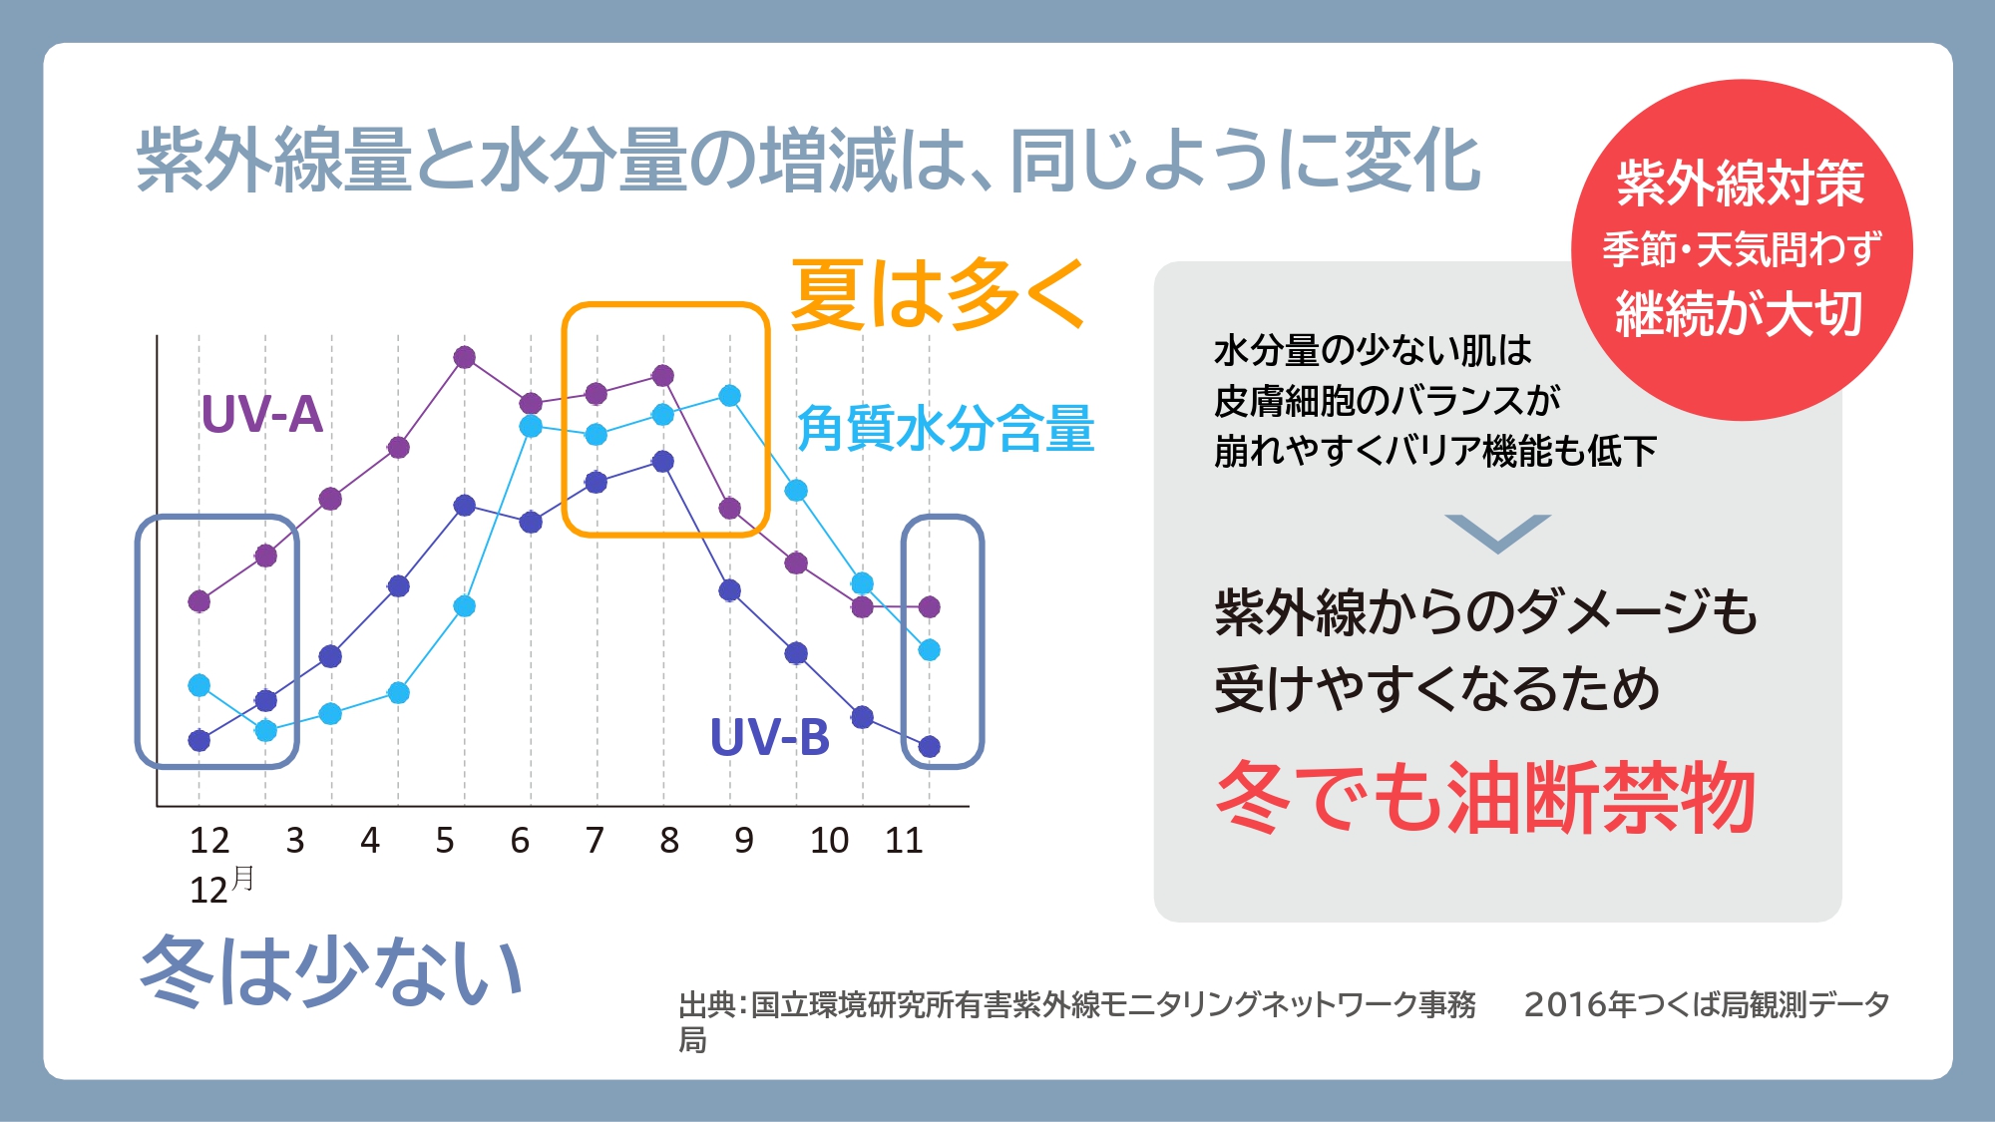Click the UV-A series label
point(262,414)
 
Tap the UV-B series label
point(770,738)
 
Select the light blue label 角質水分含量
point(946,429)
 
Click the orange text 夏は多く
point(938,293)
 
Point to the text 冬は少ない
point(331,970)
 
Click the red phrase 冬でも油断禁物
point(1485,797)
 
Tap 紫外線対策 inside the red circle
point(1741,183)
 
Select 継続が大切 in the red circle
point(1740,313)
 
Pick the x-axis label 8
point(669,841)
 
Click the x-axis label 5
point(445,841)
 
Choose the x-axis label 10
point(829,841)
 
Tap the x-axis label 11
point(904,841)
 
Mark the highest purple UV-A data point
point(464,357)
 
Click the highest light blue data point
point(730,396)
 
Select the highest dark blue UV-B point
point(663,462)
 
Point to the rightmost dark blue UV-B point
point(929,746)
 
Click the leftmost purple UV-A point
point(199,601)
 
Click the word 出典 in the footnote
point(707,1004)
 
